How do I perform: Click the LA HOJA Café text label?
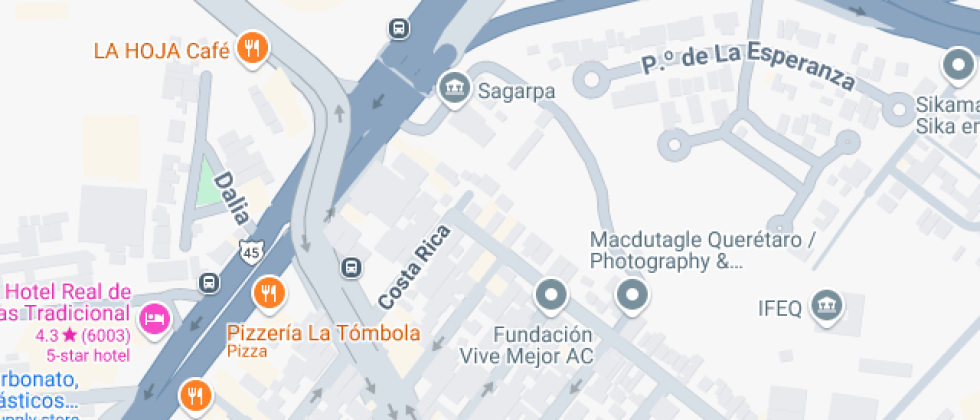pos(160,50)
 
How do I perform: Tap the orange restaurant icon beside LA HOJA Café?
pos(251,48)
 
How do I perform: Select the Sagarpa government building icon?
pos(455,87)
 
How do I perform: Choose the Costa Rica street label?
pos(414,266)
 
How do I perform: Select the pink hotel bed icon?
pos(155,318)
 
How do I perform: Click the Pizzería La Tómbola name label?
pos(323,333)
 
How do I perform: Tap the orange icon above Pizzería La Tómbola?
pos(268,294)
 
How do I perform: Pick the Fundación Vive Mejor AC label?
pos(526,344)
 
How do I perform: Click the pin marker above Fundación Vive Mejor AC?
pos(552,295)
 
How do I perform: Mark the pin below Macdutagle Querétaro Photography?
pos(632,295)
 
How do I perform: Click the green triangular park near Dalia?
pos(208,183)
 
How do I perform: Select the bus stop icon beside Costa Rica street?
pos(352,267)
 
